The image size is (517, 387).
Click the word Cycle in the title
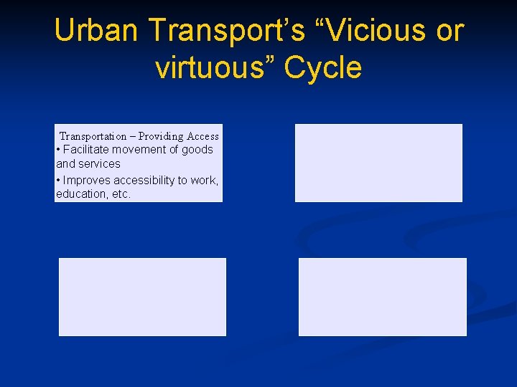[x=323, y=68]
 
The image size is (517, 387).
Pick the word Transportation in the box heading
[x=93, y=136]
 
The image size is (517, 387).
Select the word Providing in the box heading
[x=161, y=136]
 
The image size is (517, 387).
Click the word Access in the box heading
[x=202, y=136]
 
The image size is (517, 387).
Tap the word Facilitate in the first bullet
[x=89, y=150]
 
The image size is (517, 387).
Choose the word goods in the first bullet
[x=198, y=150]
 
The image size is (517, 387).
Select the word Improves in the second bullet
[x=87, y=181]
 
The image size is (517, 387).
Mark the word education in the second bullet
[x=81, y=194]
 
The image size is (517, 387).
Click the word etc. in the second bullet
[x=121, y=194]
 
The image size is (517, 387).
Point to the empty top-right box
[x=378, y=163]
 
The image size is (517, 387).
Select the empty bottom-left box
[x=142, y=297]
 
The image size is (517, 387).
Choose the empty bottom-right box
[x=382, y=297]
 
